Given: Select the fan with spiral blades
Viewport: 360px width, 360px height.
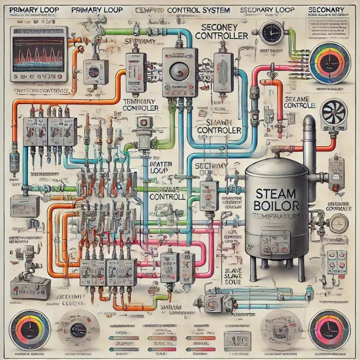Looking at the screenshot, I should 334,113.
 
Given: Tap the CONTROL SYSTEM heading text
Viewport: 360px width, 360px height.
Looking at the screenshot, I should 199,9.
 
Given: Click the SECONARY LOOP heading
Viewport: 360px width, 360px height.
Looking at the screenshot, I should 265,9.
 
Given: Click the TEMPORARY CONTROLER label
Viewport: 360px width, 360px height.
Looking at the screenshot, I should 140,104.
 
